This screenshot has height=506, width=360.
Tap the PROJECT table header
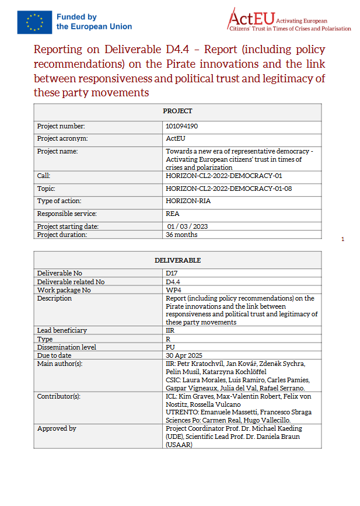[177, 111]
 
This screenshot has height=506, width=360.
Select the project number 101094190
[181, 126]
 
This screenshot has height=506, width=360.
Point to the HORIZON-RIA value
[188, 201]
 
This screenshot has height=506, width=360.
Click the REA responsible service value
[172, 214]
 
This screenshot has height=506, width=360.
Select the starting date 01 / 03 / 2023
[187, 226]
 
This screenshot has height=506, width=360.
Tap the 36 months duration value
[181, 235]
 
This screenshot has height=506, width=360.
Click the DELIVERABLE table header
[177, 260]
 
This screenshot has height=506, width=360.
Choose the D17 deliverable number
[171, 273]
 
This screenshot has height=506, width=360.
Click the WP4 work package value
[172, 290]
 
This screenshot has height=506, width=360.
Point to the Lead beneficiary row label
[62, 330]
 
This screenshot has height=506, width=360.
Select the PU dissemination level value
[170, 347]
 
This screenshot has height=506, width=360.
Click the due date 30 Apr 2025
[184, 355]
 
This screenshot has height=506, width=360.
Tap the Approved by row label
[57, 428]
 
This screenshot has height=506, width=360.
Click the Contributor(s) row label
[59, 396]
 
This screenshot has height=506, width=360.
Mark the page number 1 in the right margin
[342, 239]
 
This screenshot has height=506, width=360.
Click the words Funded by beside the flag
[76, 17]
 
